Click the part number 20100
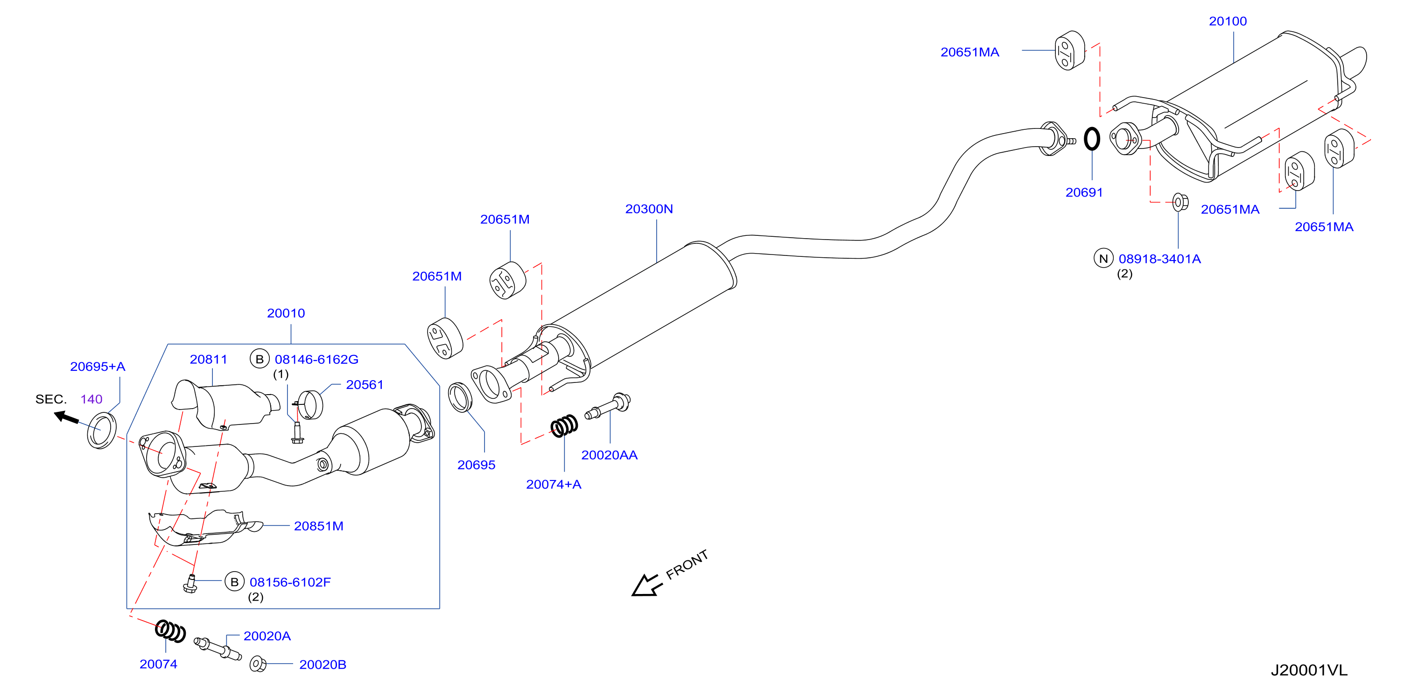click(1228, 21)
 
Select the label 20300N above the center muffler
click(649, 209)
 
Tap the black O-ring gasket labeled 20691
click(1092, 139)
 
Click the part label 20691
click(1084, 192)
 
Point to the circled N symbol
click(1103, 258)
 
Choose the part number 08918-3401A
click(1159, 259)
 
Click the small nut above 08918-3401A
click(1180, 202)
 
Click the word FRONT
click(687, 564)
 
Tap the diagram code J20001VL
click(1309, 670)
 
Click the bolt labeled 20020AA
click(608, 406)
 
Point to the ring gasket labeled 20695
click(460, 397)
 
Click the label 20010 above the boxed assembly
click(286, 313)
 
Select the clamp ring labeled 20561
click(310, 405)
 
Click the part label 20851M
click(319, 526)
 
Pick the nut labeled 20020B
click(258, 664)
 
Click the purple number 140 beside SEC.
click(91, 399)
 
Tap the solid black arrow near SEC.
click(66, 417)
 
